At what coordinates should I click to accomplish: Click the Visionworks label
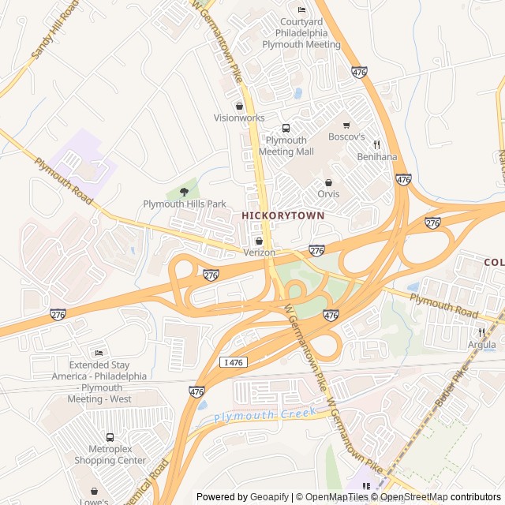tap(239, 118)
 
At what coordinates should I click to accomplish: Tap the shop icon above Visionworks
tap(239, 106)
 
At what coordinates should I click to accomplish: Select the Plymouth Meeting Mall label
tap(286, 145)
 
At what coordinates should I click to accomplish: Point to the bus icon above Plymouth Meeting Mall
tap(286, 129)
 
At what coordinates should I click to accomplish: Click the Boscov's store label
tap(346, 137)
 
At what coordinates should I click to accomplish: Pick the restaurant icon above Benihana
tap(377, 144)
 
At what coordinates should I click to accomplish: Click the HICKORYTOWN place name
tap(282, 215)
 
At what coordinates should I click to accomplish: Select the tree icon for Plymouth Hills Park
tap(184, 191)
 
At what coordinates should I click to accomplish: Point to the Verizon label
tap(259, 252)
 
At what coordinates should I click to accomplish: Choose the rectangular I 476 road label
tap(234, 362)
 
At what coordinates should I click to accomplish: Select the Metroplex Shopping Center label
tap(110, 454)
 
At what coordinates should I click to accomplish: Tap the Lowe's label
tap(95, 500)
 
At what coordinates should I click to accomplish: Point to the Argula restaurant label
tap(481, 345)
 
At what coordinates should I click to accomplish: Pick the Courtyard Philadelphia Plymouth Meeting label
tap(301, 33)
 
